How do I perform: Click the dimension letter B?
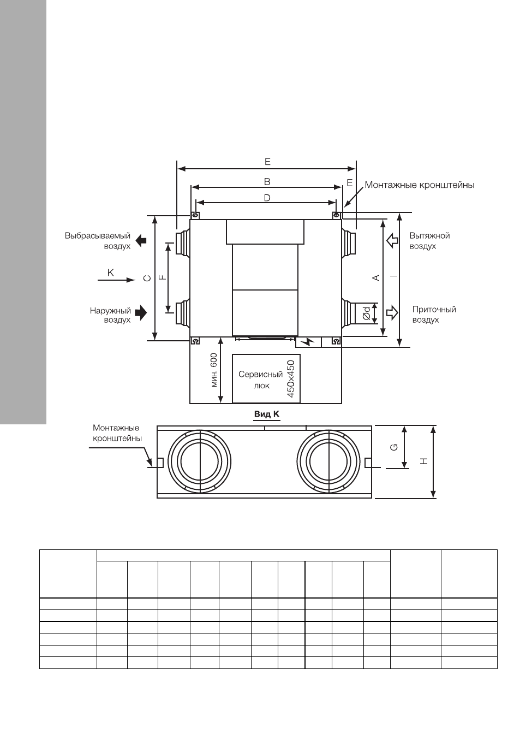point(267,182)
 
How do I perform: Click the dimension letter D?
point(267,198)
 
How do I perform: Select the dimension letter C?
point(147,278)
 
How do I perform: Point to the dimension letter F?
point(162,277)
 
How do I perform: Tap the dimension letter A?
point(376,277)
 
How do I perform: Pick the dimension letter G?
point(395,447)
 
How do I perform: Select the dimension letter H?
point(424,461)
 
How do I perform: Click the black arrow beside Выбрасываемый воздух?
point(141,240)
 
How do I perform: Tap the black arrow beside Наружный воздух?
point(141,313)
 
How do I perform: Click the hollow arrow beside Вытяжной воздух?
point(392,240)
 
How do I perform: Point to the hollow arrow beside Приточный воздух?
point(392,313)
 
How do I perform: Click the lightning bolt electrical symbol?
point(308,342)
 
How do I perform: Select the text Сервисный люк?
point(261,380)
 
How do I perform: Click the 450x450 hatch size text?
point(291,378)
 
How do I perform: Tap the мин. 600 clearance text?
point(214,370)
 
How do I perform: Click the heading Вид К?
point(267,414)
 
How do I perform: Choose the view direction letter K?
point(110,273)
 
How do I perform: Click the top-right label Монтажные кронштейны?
point(420,185)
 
